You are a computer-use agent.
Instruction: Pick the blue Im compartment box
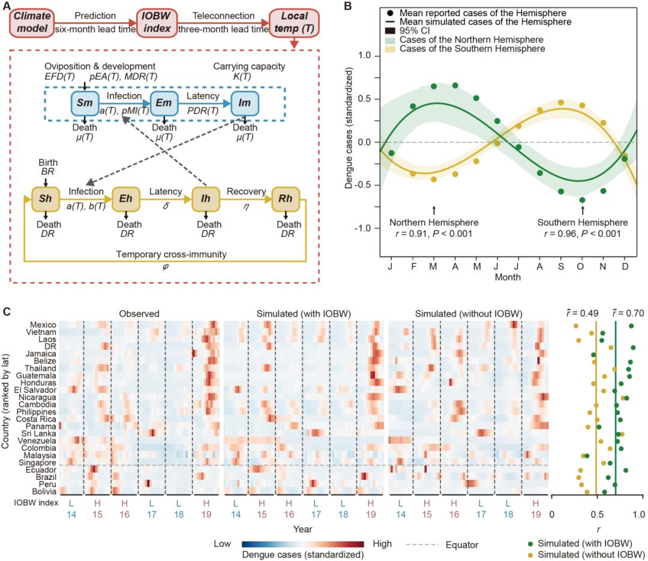point(244,104)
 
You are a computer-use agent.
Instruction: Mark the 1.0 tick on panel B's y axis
point(362,56)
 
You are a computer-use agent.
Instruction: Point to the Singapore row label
point(41,462)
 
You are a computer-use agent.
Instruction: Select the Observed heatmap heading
point(139,312)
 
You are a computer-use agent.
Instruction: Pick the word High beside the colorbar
point(382,543)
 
